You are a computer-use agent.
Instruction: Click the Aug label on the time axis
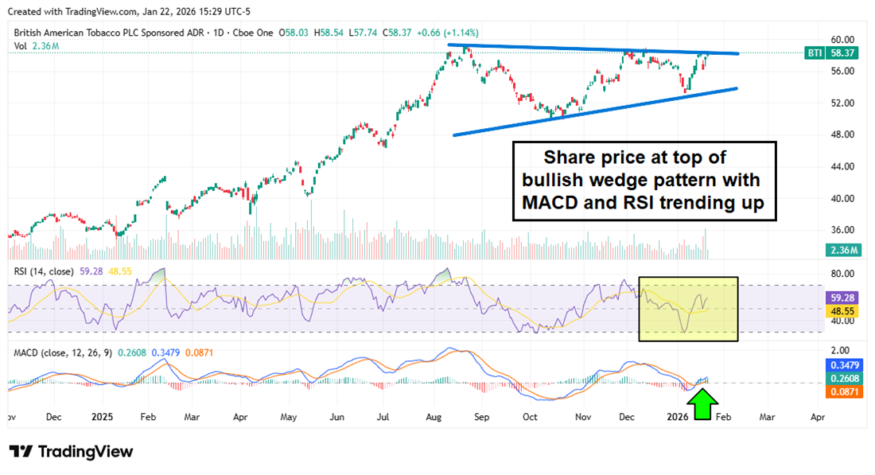point(433,416)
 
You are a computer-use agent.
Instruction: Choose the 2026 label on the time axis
point(678,416)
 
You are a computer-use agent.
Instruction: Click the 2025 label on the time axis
point(102,416)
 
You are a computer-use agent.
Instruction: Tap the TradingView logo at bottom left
point(71,451)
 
